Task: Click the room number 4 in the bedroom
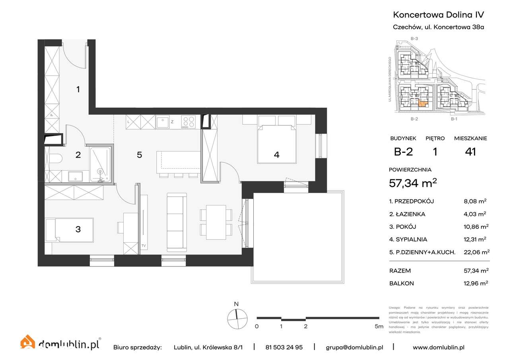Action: (276, 155)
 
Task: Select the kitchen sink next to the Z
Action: (163, 122)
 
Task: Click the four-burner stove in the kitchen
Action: (188, 121)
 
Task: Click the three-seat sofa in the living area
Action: (177, 222)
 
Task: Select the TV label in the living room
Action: (144, 246)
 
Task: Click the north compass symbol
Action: (237, 319)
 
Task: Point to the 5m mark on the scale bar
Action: (379, 326)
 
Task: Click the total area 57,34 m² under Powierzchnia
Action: (413, 183)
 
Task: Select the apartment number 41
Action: (470, 152)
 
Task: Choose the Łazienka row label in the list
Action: (407, 214)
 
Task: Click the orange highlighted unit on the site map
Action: (423, 105)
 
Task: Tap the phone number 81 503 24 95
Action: (284, 347)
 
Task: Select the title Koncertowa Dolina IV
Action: (438, 15)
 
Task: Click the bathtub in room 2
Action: (100, 164)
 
